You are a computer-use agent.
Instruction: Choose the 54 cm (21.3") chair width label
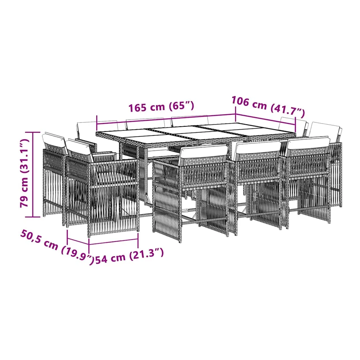(x=129, y=256)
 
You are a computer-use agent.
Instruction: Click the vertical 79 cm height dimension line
(x=33, y=174)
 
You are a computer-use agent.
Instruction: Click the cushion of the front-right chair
(x=308, y=143)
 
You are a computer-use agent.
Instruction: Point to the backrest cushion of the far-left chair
(x=54, y=139)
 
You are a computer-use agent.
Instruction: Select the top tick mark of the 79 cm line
(x=33, y=132)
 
